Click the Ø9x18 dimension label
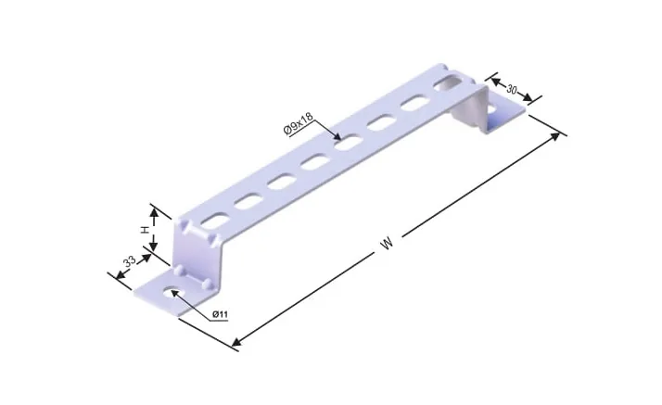coord(299,124)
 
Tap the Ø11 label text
coord(220,314)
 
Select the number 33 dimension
coord(130,261)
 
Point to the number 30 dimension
coord(512,90)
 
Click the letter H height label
coord(145,231)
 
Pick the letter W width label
coord(387,244)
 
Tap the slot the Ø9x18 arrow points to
coord(349,142)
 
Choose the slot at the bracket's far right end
coord(449,82)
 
